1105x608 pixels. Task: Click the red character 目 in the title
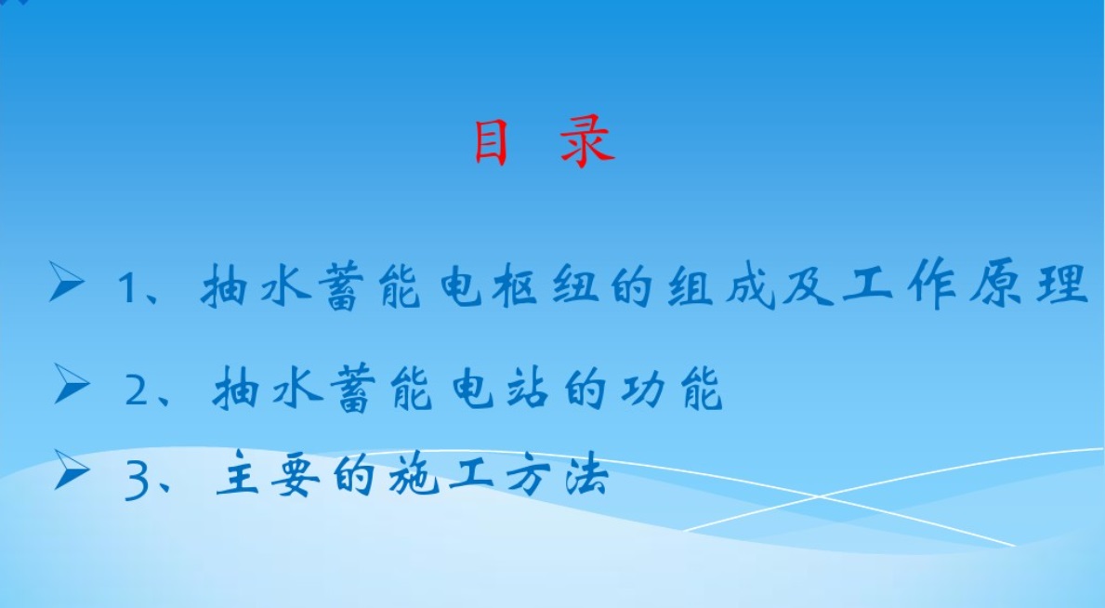click(x=492, y=143)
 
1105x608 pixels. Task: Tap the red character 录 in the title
click(x=587, y=143)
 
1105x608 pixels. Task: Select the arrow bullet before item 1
click(x=68, y=283)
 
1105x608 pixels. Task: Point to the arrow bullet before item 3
click(x=72, y=470)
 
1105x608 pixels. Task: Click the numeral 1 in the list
click(x=127, y=289)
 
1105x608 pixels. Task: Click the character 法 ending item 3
click(x=585, y=479)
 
